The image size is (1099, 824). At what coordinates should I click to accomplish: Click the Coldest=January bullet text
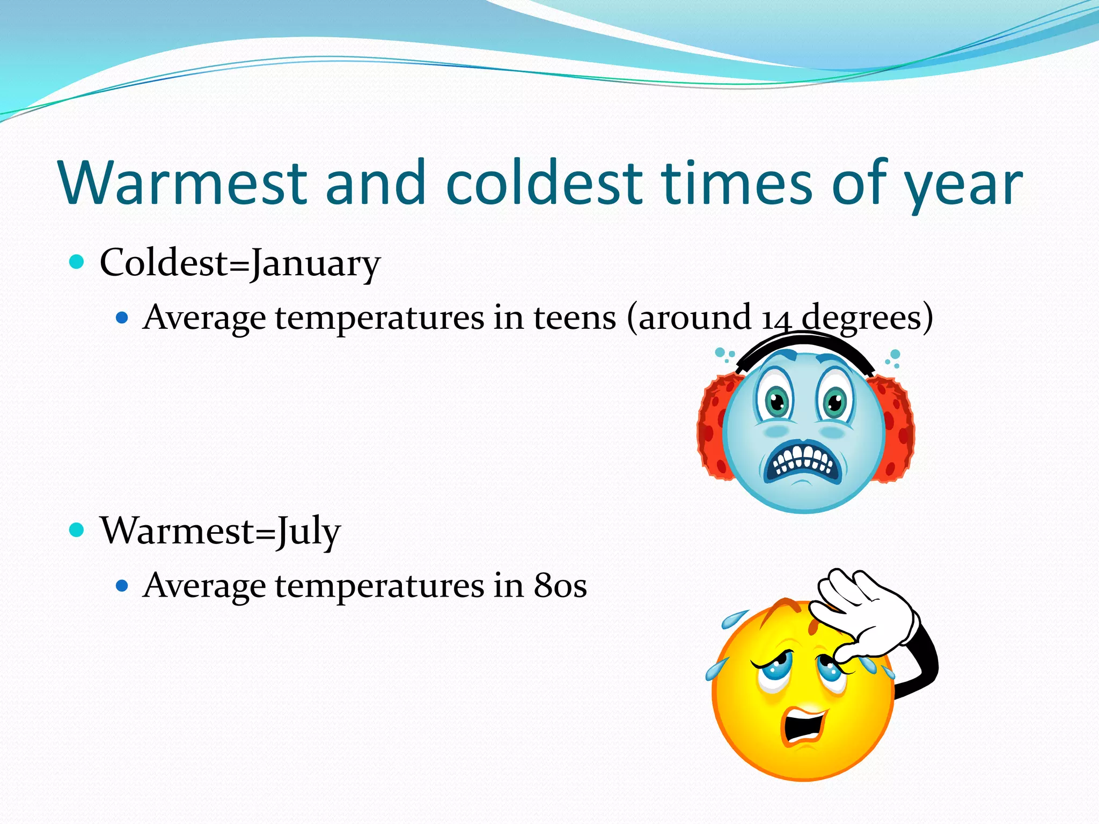(x=240, y=263)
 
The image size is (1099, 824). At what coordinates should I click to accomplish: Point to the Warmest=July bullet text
(x=220, y=531)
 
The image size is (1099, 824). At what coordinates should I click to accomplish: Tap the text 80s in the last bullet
(x=560, y=585)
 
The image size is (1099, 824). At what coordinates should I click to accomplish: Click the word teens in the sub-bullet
(x=574, y=318)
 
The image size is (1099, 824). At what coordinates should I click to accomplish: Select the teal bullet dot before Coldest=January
(x=77, y=262)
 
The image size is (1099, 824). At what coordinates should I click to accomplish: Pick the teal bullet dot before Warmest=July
(x=77, y=530)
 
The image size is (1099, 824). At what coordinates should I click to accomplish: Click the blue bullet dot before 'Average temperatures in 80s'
(x=122, y=585)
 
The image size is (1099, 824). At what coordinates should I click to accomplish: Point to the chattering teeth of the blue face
(x=802, y=460)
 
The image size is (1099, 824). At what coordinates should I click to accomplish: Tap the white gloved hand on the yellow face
(x=864, y=612)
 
